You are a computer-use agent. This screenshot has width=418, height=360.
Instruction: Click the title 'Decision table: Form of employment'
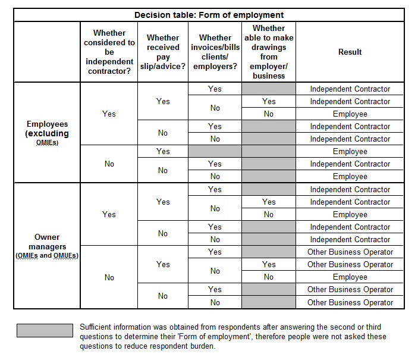coord(209,15)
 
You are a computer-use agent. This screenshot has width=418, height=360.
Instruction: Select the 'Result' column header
coord(350,52)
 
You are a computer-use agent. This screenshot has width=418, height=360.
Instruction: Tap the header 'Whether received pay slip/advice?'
coord(163,52)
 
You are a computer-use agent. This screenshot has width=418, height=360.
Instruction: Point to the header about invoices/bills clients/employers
coord(215,52)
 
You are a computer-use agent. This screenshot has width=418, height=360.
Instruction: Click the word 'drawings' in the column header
coord(269,47)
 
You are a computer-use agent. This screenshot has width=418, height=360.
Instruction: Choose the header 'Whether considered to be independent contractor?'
coord(109,52)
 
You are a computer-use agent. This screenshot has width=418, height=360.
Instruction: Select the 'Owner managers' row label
coord(47,242)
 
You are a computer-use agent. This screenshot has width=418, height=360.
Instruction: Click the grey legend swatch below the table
coord(45,331)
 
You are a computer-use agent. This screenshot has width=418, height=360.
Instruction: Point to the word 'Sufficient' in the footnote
coord(98,327)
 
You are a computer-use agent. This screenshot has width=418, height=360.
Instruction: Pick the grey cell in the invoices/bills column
coord(215,152)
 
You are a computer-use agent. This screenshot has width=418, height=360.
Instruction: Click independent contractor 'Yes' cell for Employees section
coord(109,114)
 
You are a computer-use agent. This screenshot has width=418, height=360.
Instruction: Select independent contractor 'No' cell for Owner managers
coord(109,277)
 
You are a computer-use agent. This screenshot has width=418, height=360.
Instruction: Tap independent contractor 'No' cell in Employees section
coord(109,164)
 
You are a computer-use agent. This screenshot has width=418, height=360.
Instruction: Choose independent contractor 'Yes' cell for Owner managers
coord(109,214)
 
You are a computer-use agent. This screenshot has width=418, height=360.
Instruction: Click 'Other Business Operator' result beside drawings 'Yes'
coord(350,264)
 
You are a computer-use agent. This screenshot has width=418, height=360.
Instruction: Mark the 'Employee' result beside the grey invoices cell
coord(350,152)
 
